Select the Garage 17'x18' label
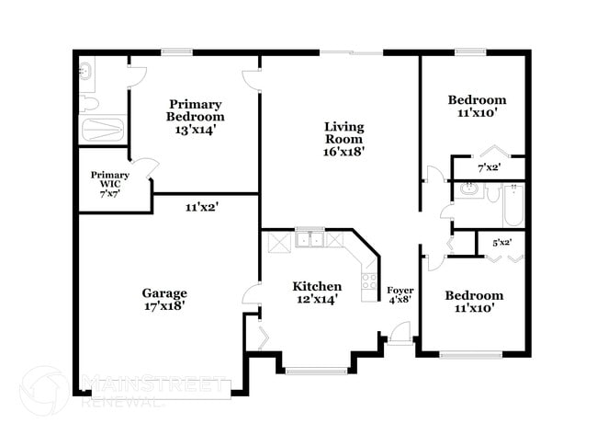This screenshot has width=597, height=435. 164,300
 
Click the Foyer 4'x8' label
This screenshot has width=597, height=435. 400,295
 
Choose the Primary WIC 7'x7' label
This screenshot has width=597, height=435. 108,185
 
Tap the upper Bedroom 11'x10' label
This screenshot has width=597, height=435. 477,106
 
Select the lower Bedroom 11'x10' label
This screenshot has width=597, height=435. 474,302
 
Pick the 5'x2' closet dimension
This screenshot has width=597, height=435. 501,243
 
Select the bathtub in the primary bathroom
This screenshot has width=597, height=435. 101,128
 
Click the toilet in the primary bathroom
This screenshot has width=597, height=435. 86,99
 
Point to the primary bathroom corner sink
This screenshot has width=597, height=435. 85,68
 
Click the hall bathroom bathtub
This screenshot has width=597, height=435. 512,204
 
